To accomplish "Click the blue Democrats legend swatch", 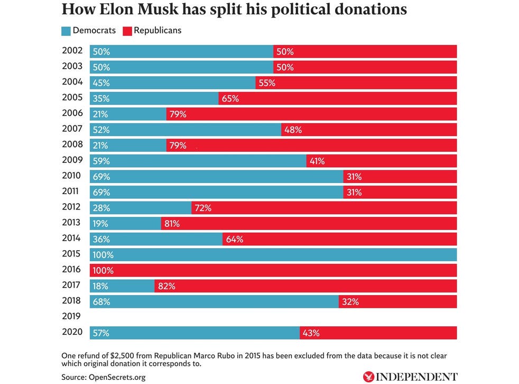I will coord(66,31).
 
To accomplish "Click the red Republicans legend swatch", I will coord(127,31).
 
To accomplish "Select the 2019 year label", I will coord(71,316).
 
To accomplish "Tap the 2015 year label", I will coord(71,254).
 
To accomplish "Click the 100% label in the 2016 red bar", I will coord(103,270).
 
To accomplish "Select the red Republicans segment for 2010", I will coord(400,177).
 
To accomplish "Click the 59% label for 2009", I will coord(101,161).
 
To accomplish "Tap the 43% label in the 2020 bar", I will coord(311,333).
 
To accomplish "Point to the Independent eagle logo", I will coord(369,377).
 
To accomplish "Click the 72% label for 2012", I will coord(203,208).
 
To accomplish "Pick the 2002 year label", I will coord(71,51).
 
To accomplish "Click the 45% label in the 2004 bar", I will coord(101,83).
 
